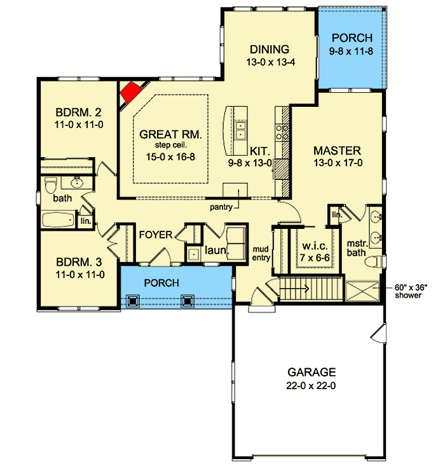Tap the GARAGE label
[x=311, y=372]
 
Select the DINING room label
[x=270, y=49]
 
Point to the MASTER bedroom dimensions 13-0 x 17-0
[x=338, y=163]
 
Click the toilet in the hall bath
[x=50, y=185]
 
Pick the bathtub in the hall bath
[x=58, y=219]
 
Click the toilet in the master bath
[x=373, y=261]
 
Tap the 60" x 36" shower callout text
[x=408, y=291]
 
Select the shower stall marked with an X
[x=362, y=291]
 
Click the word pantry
[x=221, y=207]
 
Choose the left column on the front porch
[x=132, y=301]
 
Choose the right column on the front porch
[x=187, y=301]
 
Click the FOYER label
[x=156, y=235]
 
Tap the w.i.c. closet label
[x=315, y=246]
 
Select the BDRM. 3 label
[x=79, y=262]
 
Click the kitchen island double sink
[x=240, y=130]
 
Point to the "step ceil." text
[x=171, y=146]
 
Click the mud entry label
[x=261, y=254]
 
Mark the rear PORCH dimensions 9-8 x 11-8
[x=351, y=52]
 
